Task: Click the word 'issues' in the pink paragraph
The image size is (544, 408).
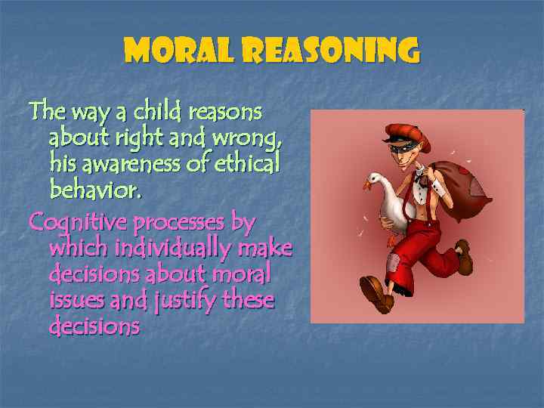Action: tap(76, 301)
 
